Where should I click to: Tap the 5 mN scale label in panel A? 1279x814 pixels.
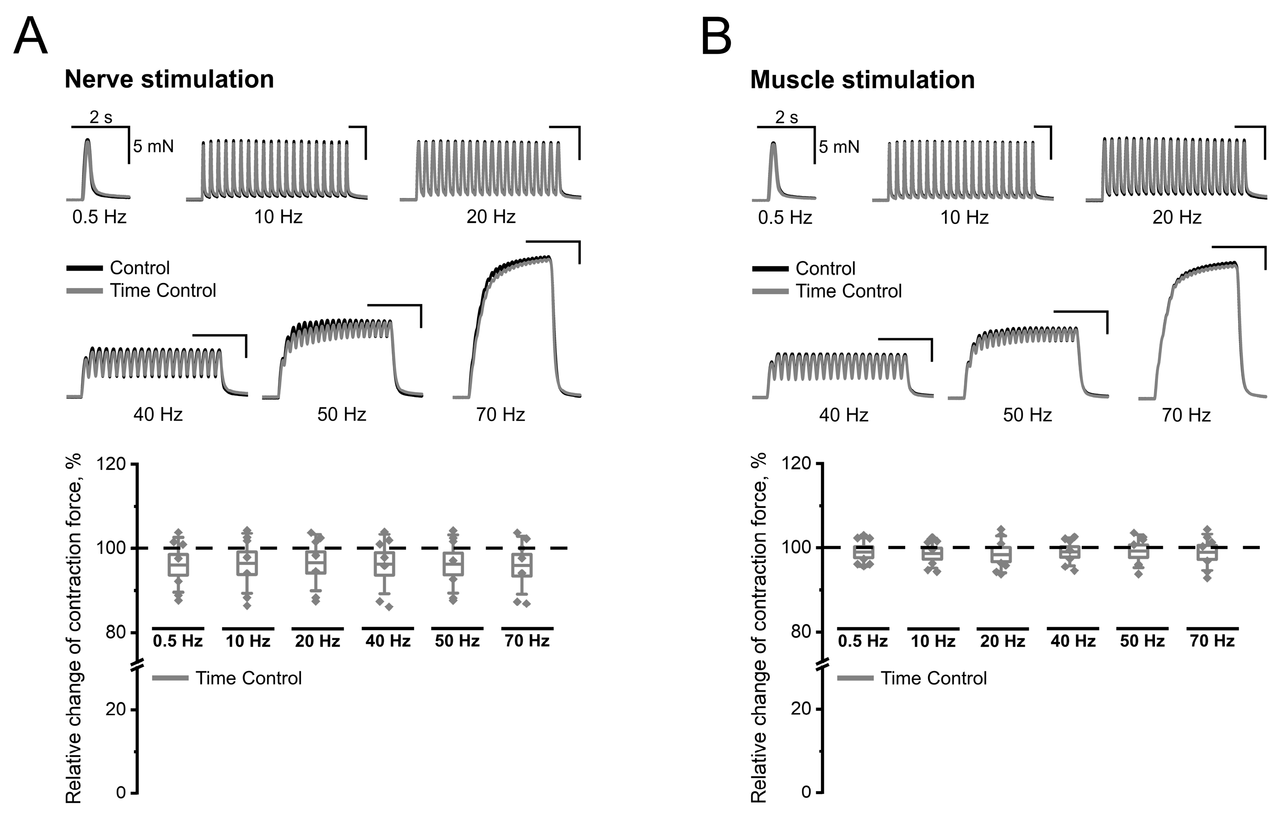(153, 146)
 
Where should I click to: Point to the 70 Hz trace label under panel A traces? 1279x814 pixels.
(500, 414)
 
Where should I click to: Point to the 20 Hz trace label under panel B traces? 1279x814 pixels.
(1177, 217)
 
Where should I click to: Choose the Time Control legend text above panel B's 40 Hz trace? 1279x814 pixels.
(848, 291)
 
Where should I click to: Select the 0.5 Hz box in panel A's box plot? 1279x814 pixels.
(178, 565)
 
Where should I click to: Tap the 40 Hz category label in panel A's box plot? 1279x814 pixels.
(388, 641)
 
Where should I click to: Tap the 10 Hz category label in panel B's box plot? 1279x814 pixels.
(933, 641)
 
